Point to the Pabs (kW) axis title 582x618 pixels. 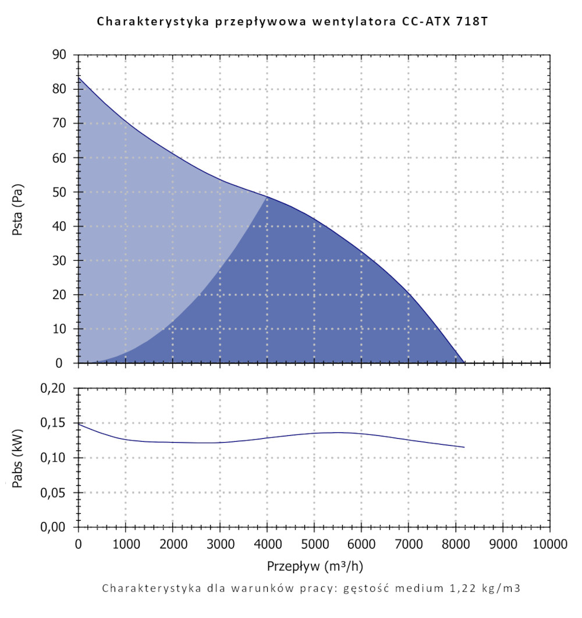17,457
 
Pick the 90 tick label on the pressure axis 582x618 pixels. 61,55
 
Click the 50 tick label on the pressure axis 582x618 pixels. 61,192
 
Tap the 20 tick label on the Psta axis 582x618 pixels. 61,295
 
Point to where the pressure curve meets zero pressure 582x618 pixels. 464,363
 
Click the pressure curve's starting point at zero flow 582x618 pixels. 79,77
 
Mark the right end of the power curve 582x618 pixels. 464,447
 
